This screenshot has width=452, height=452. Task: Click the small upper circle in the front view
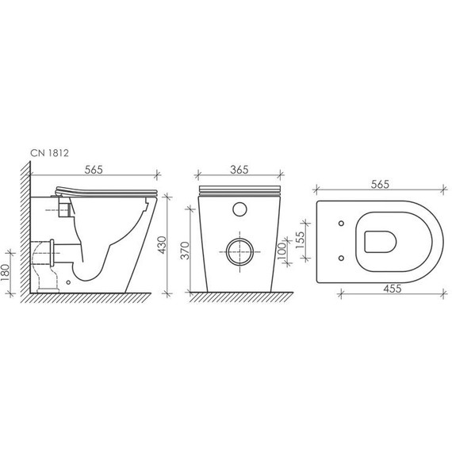(239, 212)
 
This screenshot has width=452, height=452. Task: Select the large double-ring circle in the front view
(239, 251)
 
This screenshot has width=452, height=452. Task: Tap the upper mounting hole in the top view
(341, 223)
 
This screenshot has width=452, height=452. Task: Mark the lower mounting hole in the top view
(341, 258)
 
